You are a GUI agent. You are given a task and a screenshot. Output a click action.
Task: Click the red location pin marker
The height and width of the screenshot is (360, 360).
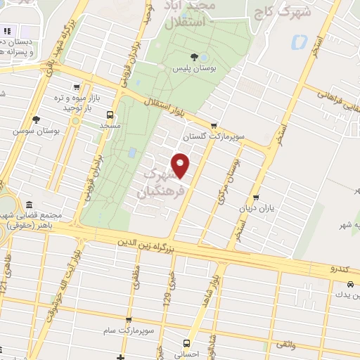pos(181,165)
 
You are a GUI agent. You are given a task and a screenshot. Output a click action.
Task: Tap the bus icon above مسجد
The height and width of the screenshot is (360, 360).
pos(110,115)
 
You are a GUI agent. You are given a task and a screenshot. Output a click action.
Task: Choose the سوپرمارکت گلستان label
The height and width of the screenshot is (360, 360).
pos(207,137)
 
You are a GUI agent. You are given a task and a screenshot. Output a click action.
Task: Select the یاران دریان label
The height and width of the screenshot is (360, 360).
pos(257,208)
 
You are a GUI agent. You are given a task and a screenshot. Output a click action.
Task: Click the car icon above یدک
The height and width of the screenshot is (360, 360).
pos(349,285)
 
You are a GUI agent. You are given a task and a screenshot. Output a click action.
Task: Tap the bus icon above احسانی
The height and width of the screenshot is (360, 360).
pos(186,344)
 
